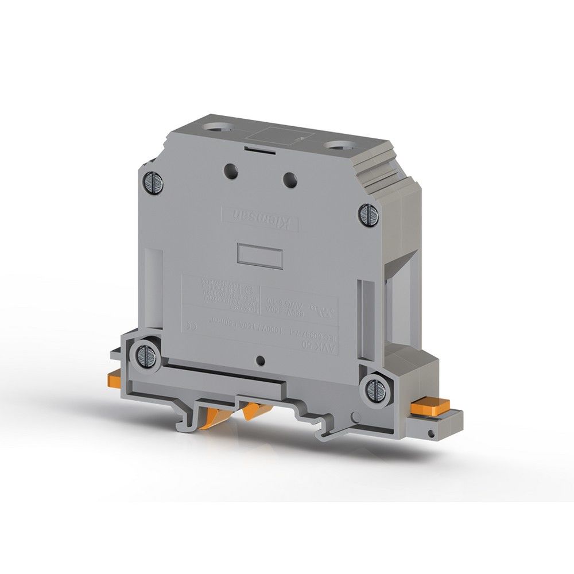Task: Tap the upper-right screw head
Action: pyautogui.click(x=367, y=215)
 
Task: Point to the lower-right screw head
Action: pyautogui.click(x=375, y=389)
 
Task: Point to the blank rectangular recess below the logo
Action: pyautogui.click(x=259, y=255)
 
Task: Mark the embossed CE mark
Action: pyautogui.click(x=192, y=325)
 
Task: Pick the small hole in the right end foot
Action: pyautogui.click(x=429, y=430)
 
